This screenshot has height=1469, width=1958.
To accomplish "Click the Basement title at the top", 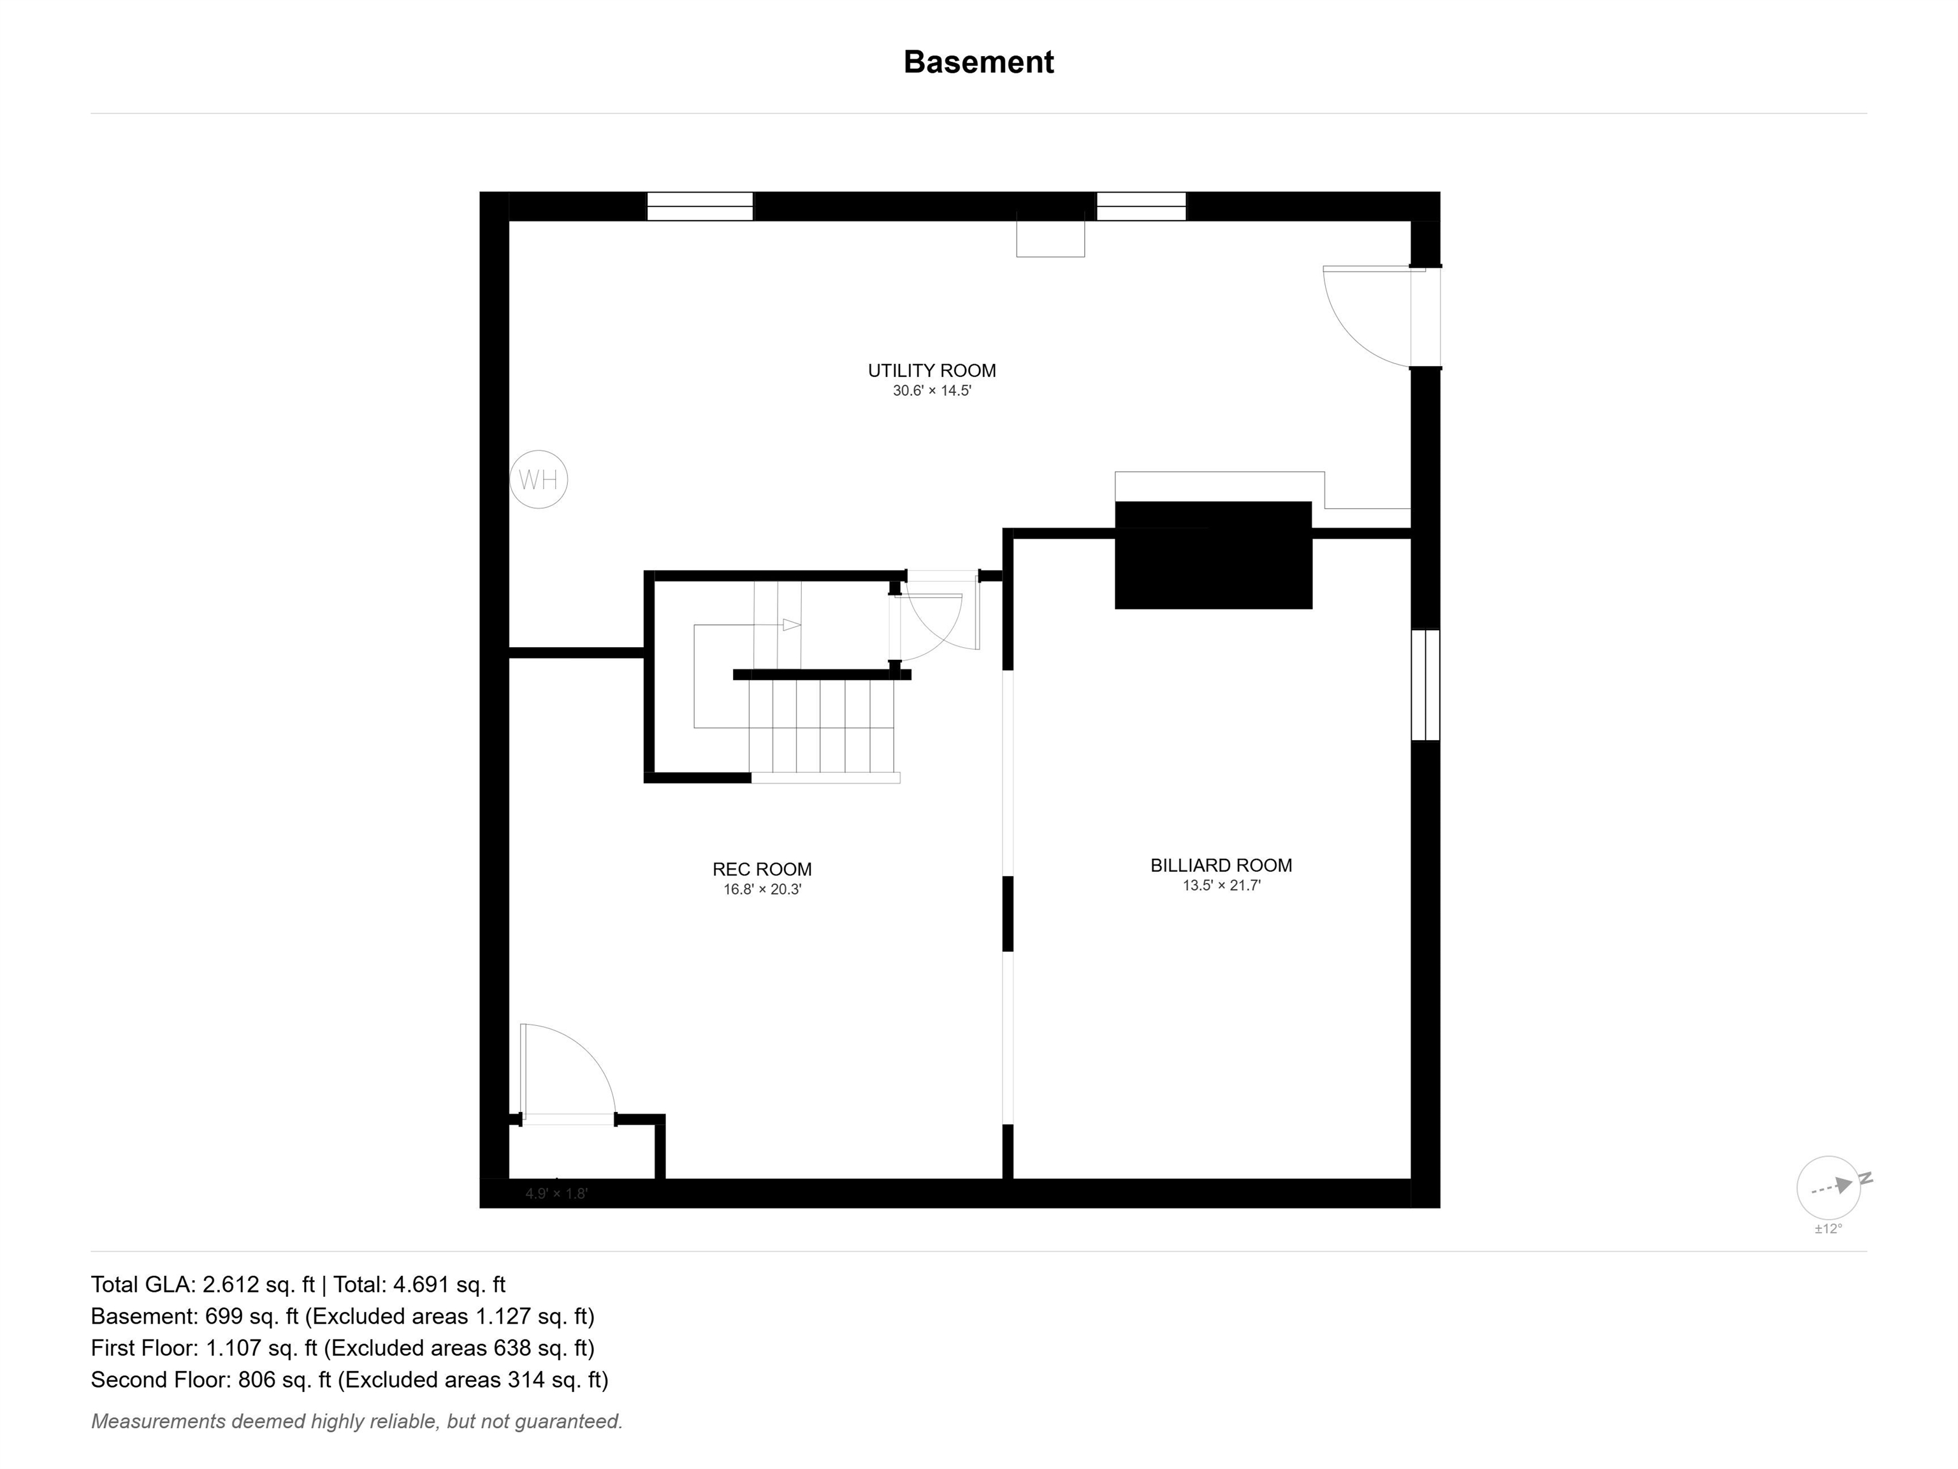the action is point(978,62).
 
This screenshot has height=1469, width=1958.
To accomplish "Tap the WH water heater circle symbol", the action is point(538,480).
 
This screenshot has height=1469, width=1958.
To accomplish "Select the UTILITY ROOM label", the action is point(931,371).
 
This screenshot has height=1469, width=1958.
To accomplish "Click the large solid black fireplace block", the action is point(1214,555).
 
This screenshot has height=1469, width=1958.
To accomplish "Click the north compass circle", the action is point(1828,1187).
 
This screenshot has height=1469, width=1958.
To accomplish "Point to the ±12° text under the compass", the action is point(1828,1229).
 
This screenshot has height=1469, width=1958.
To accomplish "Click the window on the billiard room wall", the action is point(1425,685).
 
